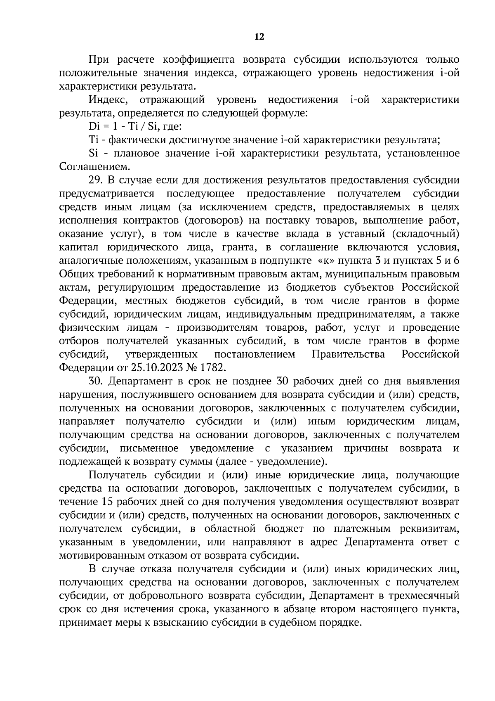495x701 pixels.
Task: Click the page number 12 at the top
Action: coord(259,37)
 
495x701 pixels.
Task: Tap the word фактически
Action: coord(131,140)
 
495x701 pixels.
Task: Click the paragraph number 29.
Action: coord(94,180)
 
